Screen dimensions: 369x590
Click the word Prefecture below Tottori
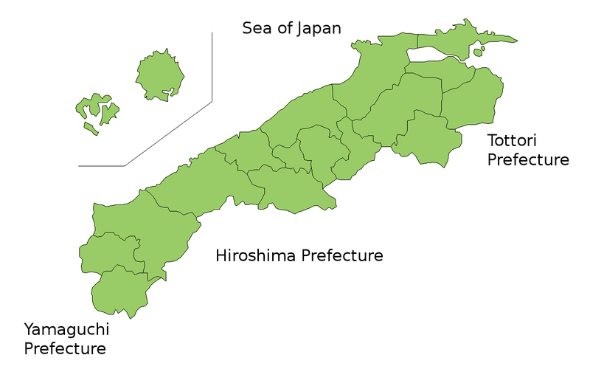528,159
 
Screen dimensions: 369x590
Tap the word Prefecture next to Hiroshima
344,256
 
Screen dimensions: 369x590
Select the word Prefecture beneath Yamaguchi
65,348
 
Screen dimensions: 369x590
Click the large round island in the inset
162,74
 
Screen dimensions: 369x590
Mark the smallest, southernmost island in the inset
90,129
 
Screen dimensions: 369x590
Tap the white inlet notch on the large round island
170,92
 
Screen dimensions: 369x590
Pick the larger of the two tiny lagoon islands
478,52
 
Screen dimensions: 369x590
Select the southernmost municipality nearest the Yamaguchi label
118,292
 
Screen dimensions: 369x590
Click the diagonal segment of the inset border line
170,133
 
